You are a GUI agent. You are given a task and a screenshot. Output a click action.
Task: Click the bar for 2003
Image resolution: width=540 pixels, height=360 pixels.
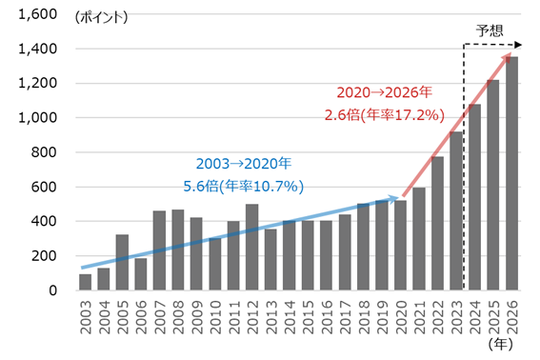click(x=85, y=282)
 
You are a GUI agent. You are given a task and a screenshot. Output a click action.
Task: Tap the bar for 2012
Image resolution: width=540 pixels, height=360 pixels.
click(x=251, y=247)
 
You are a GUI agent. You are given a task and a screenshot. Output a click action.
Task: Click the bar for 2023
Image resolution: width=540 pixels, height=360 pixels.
click(x=456, y=210)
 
